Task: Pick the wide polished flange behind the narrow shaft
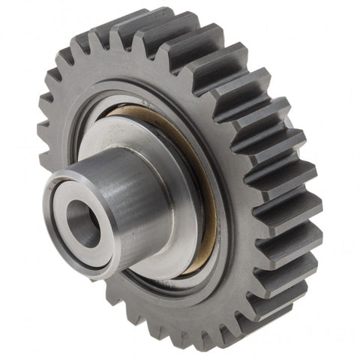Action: (x=180, y=195)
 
